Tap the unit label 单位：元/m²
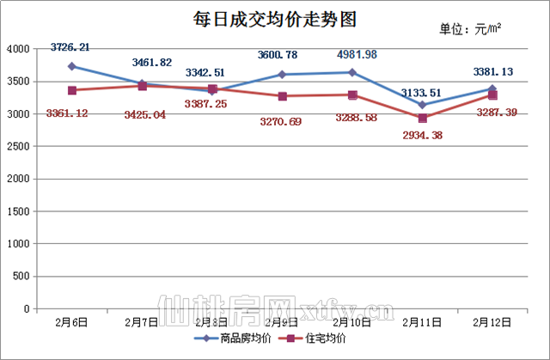point(471,29)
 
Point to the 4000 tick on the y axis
point(18,49)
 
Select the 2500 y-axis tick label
point(18,146)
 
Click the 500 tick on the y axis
point(21,276)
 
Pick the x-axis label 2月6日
point(72,322)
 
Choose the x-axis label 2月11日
point(422,322)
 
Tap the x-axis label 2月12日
point(492,322)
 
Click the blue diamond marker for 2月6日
point(72,66)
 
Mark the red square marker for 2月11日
point(422,118)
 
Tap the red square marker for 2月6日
point(72,90)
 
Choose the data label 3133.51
point(422,93)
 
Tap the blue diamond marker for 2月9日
point(282,75)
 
